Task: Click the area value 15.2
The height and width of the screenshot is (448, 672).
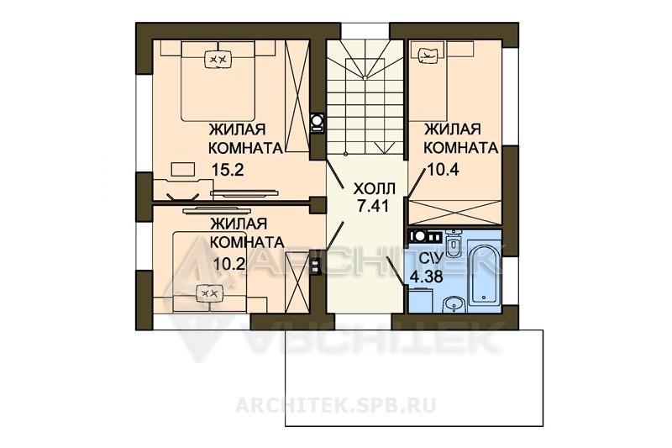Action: (228, 171)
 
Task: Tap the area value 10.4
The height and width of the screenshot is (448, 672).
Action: (443, 170)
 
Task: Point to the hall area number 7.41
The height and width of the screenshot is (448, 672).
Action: (373, 206)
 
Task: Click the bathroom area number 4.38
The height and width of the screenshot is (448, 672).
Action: (427, 277)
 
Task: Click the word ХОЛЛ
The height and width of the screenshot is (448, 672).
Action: (374, 188)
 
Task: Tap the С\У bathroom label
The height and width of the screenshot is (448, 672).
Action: (426, 259)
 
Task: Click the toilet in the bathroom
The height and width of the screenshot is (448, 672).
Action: (452, 244)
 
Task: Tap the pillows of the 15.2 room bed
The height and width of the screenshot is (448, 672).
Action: (218, 60)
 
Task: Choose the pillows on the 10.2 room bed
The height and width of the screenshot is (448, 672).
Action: (209, 293)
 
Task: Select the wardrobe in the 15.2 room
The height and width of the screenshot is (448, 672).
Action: (297, 96)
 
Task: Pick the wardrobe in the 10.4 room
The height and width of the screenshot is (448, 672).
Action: (455, 212)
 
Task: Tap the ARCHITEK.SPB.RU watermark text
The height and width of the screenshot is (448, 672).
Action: (336, 405)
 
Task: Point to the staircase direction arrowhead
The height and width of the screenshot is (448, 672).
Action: (381, 148)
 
